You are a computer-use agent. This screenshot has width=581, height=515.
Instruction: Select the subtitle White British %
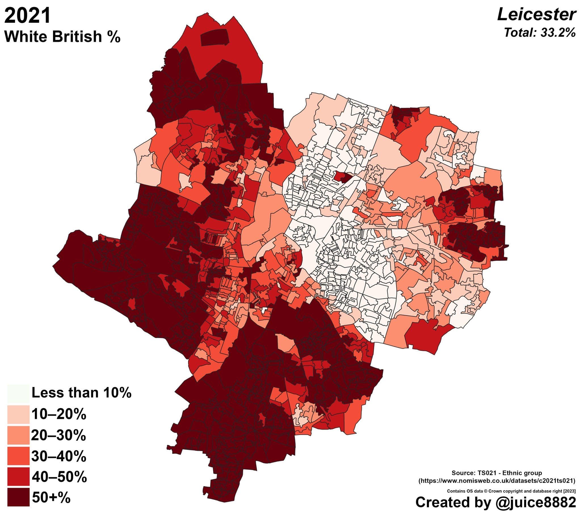coord(62,37)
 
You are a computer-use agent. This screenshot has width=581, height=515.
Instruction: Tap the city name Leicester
coord(536,14)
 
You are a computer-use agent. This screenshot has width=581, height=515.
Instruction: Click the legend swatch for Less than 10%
coord(18,394)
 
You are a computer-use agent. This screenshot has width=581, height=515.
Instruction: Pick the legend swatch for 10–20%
coord(18,415)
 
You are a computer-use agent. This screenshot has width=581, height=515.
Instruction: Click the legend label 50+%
coord(51,498)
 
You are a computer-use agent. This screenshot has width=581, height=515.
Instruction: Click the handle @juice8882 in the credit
coord(536,502)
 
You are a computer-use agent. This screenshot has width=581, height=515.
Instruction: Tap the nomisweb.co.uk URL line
coord(497,481)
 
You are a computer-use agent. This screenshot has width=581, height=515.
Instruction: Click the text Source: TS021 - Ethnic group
coord(496,473)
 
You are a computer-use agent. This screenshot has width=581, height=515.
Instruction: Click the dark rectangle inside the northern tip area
coord(214,38)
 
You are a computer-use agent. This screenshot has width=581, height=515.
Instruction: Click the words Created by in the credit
coord(453,502)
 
